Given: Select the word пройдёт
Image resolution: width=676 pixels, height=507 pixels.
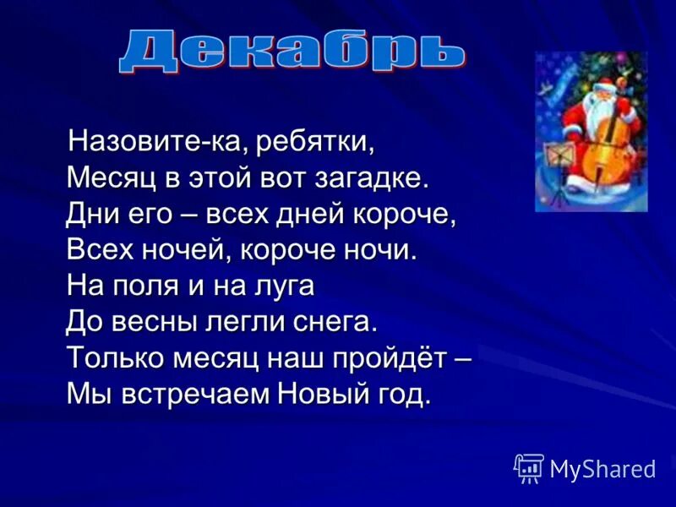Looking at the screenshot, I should [x=393, y=358].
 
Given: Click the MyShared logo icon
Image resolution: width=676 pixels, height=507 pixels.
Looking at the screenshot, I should [x=528, y=467].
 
